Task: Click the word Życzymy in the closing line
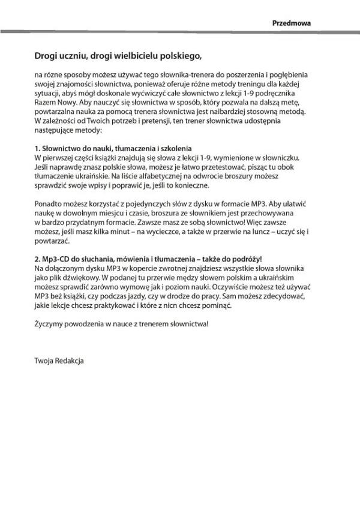tap(49, 324)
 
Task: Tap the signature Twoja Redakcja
tap(59, 361)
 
